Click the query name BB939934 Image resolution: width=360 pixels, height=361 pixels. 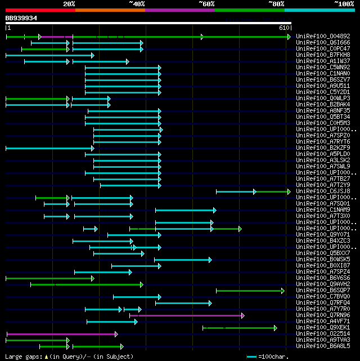[21, 18]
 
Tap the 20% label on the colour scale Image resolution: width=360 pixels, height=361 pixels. [69, 3]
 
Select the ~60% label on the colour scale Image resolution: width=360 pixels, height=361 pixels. [206, 3]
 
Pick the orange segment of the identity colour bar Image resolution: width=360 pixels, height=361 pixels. [110, 10]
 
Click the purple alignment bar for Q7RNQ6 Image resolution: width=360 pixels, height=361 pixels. [186, 315]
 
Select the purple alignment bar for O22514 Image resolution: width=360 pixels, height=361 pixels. [61, 334]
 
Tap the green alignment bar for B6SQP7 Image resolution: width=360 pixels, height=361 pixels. [250, 291]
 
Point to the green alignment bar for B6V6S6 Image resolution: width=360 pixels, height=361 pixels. [49, 278]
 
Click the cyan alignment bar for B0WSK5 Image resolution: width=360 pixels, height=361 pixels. [182, 260]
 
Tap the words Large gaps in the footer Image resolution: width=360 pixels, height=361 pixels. [20, 356]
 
